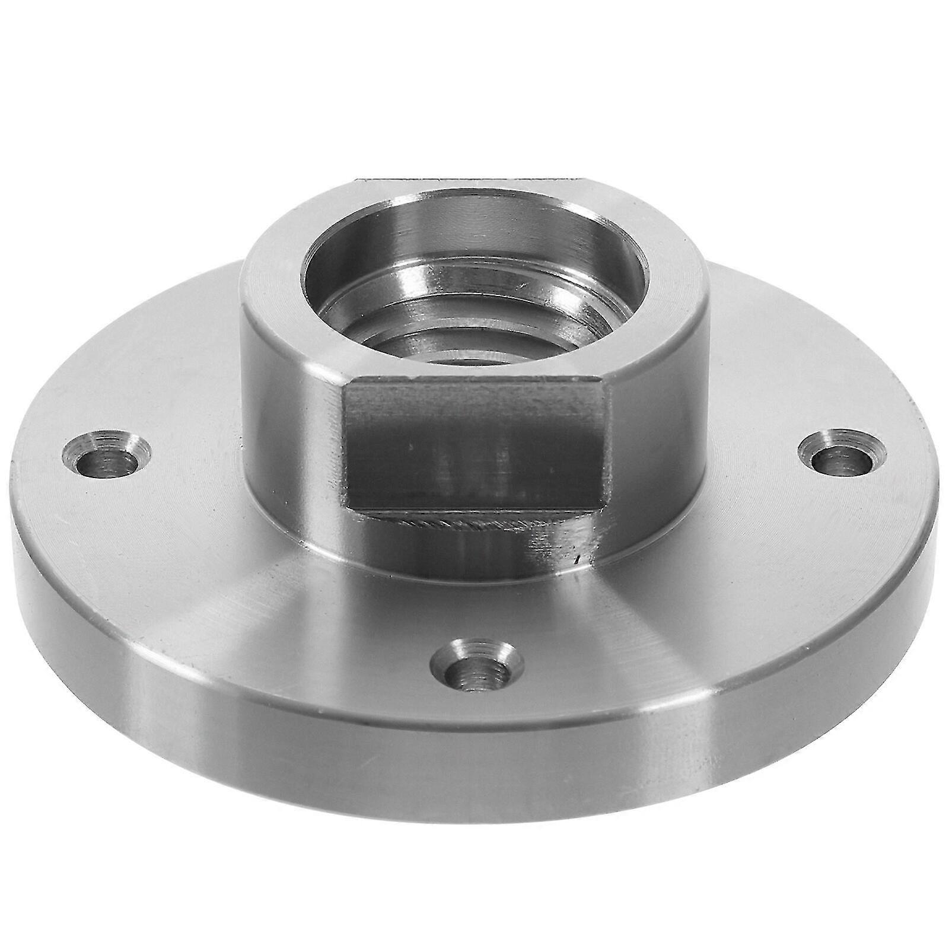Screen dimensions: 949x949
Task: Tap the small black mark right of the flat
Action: pos(576,559)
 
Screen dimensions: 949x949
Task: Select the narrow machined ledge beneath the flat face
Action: pos(451,522)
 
